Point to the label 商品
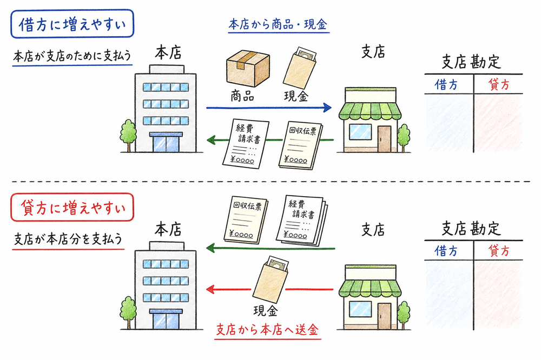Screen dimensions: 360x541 (x=242, y=97)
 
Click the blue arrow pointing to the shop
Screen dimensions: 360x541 (x=268, y=108)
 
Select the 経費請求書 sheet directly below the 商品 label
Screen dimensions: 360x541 (x=243, y=142)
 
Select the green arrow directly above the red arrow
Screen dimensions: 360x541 (x=270, y=249)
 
